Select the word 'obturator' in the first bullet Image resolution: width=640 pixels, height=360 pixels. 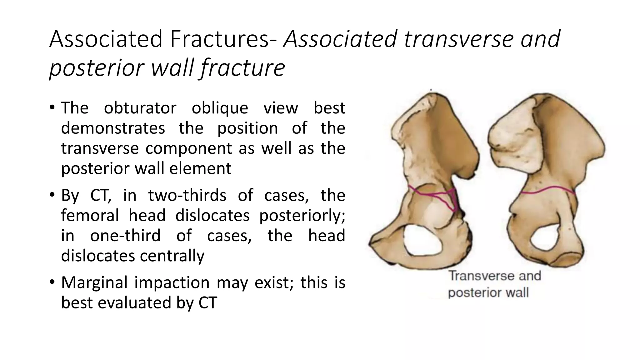(140, 108)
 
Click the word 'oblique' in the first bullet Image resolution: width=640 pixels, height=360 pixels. (220, 108)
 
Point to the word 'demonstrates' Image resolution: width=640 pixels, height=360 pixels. (113, 128)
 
